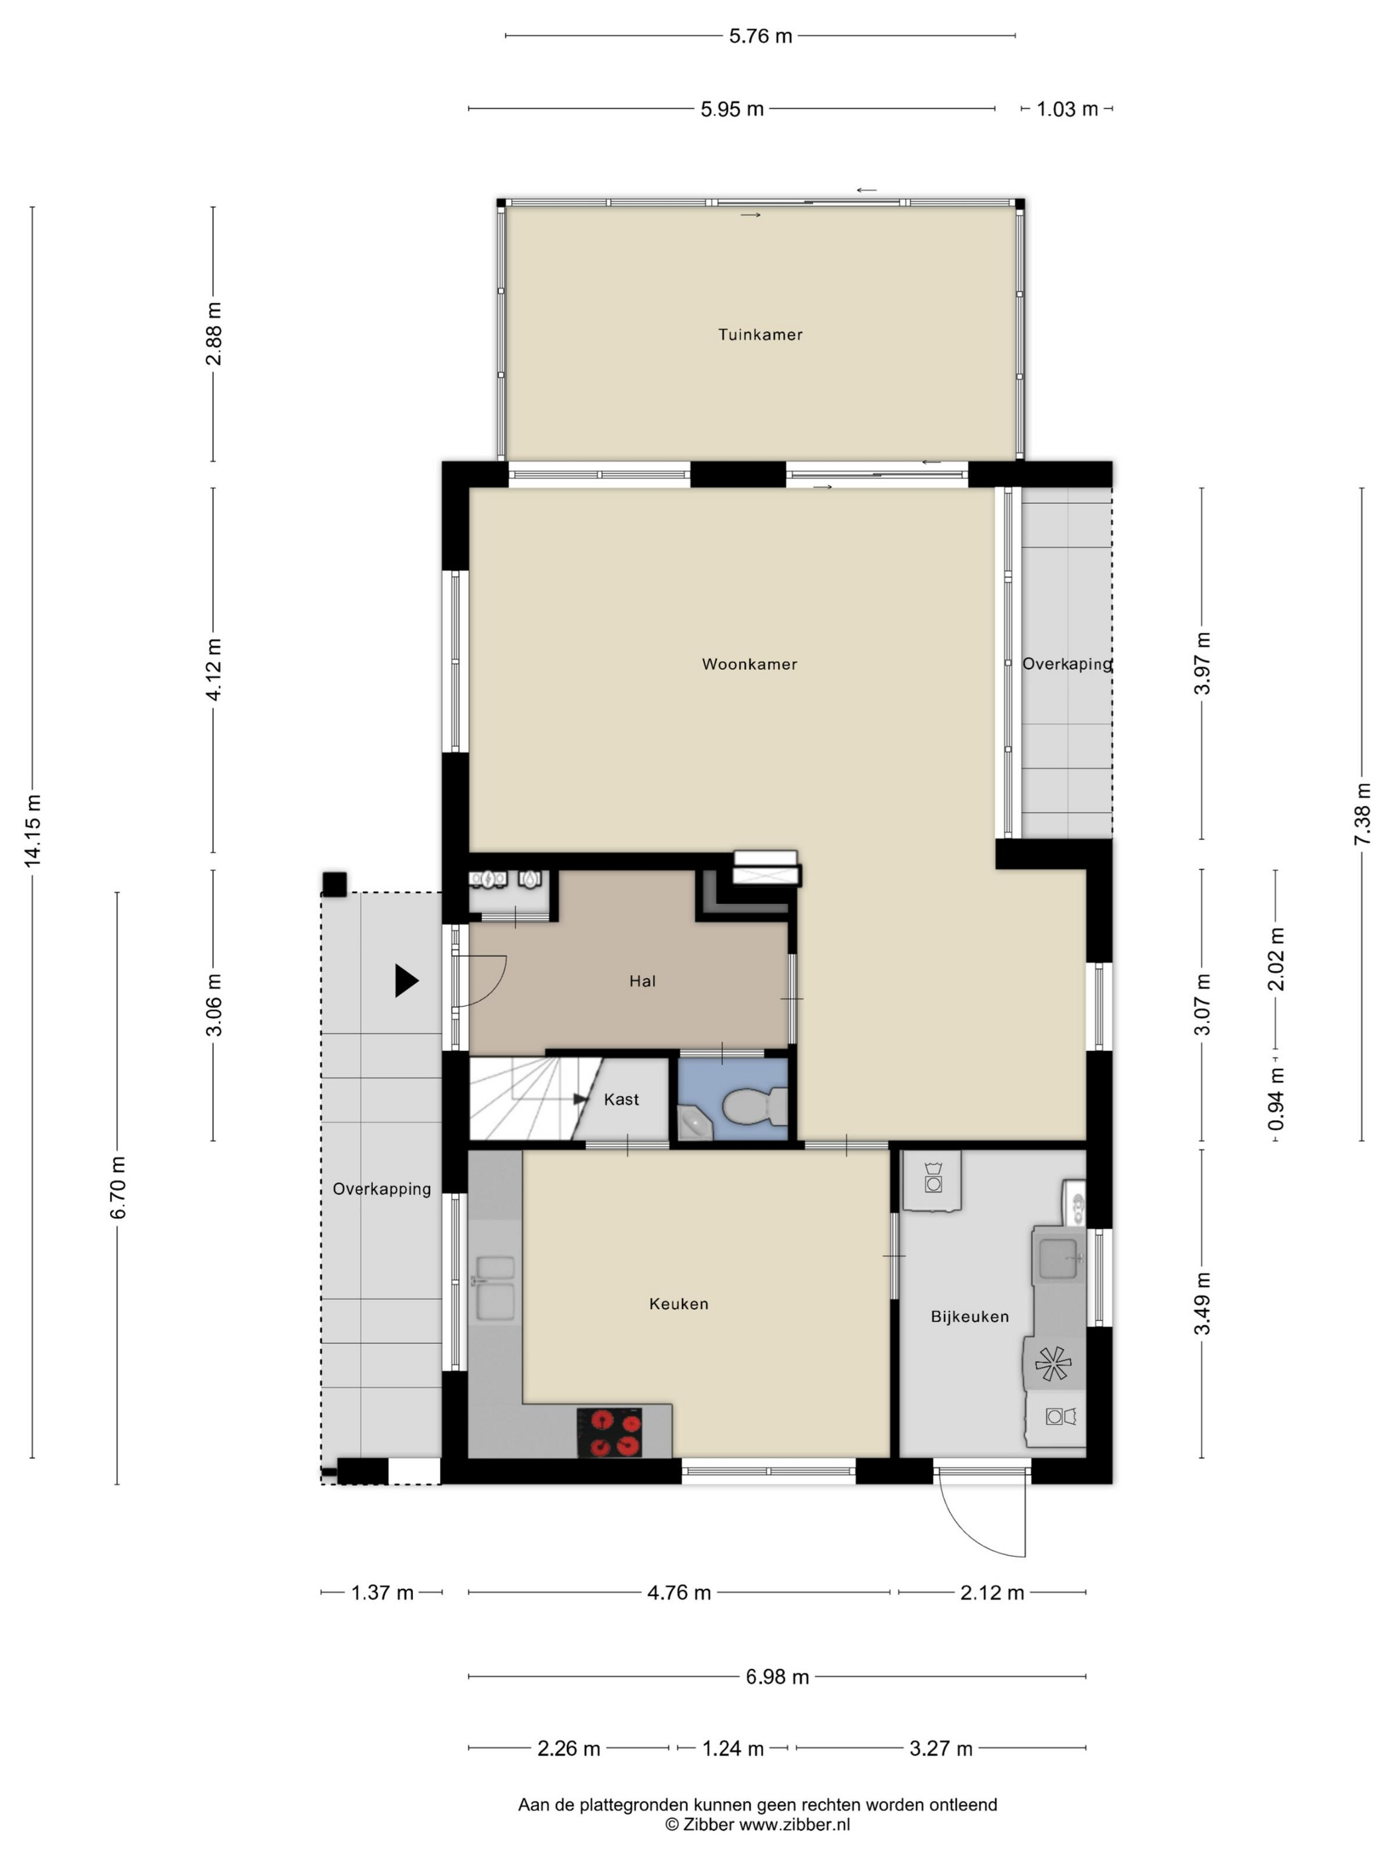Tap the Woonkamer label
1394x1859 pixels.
pyautogui.click(x=749, y=664)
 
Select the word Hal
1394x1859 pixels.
pyautogui.click(x=642, y=981)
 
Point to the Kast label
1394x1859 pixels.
pyautogui.click(x=621, y=1099)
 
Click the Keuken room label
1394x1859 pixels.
pyautogui.click(x=679, y=1303)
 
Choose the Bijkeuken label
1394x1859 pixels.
pyautogui.click(x=970, y=1316)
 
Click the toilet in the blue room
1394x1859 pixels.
pyautogui.click(x=753, y=1107)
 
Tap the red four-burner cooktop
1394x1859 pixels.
pyautogui.click(x=609, y=1432)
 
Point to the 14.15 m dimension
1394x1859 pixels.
pyautogui.click(x=33, y=831)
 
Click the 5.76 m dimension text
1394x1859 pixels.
pyautogui.click(x=761, y=36)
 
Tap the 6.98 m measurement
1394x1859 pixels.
pyautogui.click(x=777, y=1676)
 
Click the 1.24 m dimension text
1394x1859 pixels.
pyautogui.click(x=733, y=1749)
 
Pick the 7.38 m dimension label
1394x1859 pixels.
pyautogui.click(x=1362, y=815)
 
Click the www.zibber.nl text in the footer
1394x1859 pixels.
pyautogui.click(x=794, y=1824)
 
